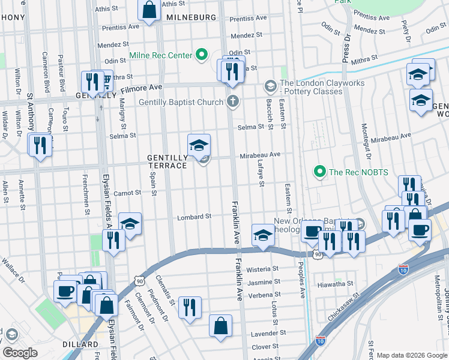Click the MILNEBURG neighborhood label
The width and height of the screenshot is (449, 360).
190,17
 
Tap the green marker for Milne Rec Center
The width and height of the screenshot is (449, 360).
202,55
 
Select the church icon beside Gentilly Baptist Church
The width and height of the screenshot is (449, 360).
232,101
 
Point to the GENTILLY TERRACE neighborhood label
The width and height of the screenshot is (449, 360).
167,161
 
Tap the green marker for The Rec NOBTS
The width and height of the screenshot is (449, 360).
320,172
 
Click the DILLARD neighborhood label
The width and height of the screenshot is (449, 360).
80,344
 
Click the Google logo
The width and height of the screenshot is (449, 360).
20,352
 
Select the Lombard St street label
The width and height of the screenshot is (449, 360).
194,217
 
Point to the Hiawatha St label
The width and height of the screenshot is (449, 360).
334,284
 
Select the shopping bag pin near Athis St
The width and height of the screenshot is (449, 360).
148,10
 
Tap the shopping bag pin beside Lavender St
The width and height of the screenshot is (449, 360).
221,326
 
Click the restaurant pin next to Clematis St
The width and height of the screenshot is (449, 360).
190,308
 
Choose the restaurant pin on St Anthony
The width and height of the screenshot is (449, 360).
40,145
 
